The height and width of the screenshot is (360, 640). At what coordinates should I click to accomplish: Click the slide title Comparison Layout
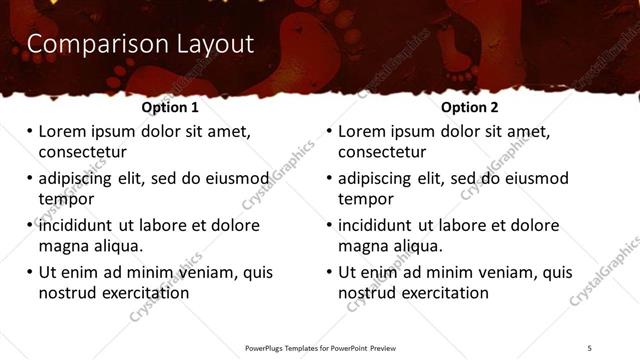click(139, 44)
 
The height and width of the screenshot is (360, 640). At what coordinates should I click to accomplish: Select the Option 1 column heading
click(170, 107)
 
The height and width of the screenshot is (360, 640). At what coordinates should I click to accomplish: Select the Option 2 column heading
click(470, 107)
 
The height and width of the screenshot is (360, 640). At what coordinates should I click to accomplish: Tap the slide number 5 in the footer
click(589, 347)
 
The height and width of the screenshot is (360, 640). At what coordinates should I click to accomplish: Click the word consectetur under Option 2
click(382, 153)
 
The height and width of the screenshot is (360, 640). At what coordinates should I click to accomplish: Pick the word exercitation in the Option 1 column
click(142, 293)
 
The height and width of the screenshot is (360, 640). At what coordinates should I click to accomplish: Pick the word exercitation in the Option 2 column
click(442, 293)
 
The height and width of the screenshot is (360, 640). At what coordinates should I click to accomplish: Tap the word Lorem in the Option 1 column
click(63, 131)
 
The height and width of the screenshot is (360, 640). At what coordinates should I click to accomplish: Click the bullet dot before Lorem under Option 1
click(29, 131)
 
